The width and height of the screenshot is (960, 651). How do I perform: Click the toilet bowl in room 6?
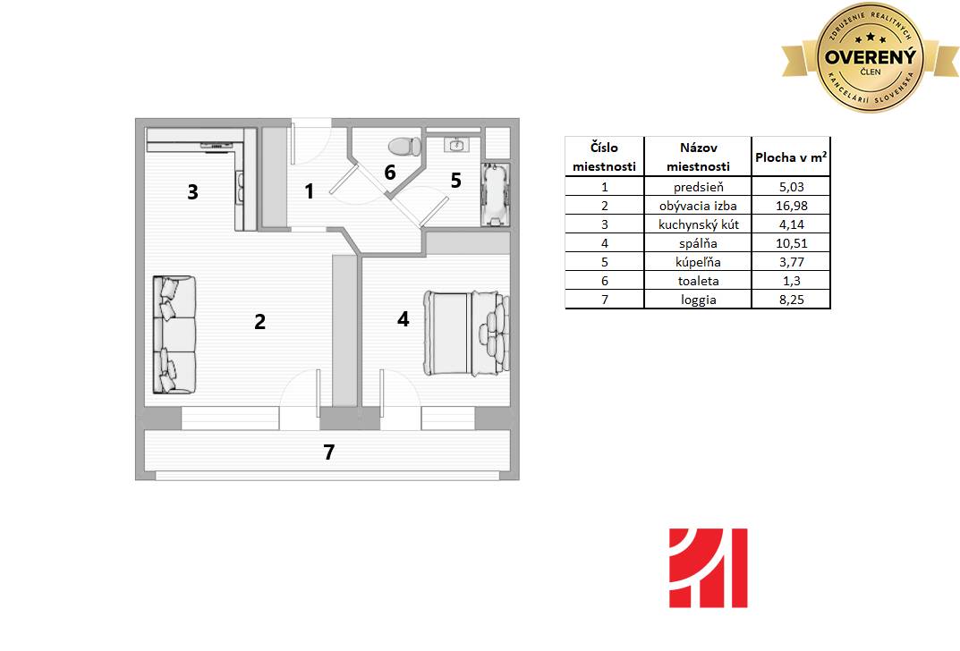click(404, 147)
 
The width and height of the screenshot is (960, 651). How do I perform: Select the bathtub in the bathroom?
click(496, 195)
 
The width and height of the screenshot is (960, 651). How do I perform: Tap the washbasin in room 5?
click(456, 145)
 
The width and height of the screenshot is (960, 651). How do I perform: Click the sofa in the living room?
click(174, 334)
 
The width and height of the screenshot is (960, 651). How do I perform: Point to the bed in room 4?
click(466, 333)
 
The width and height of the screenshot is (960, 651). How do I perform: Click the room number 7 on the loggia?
click(328, 452)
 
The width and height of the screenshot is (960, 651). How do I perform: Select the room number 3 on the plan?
click(193, 192)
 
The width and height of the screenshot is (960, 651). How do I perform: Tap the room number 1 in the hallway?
click(310, 191)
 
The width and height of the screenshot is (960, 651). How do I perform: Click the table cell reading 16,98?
click(791, 206)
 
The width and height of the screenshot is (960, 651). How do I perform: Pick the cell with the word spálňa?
click(698, 243)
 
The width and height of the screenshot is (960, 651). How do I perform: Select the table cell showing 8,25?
click(791, 300)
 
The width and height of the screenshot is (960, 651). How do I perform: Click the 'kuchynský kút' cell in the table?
click(698, 224)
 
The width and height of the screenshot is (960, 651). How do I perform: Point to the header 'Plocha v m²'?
click(791, 157)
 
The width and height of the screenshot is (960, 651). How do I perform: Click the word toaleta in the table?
click(698, 282)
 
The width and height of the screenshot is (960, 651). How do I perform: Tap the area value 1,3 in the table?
click(791, 282)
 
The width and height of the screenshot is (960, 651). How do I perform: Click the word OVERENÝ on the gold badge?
click(870, 57)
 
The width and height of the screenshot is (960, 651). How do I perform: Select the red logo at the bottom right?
click(709, 568)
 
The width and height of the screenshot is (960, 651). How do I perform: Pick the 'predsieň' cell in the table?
click(698, 187)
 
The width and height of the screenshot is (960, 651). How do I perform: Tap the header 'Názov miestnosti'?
click(698, 157)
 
